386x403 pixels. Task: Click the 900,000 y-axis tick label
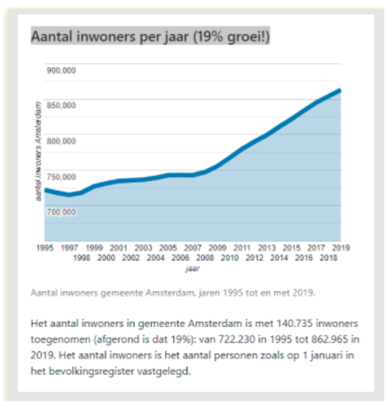click(x=61, y=71)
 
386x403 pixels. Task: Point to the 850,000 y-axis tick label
click(x=61, y=105)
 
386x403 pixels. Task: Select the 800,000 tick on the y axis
click(x=61, y=141)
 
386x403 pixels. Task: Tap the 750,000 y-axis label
click(x=61, y=177)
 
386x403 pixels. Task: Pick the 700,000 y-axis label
click(x=61, y=212)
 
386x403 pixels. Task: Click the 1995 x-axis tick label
click(x=45, y=248)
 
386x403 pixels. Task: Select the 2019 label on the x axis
click(x=341, y=248)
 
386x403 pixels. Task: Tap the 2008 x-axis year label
click(x=205, y=258)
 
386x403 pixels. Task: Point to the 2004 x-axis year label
click(x=156, y=258)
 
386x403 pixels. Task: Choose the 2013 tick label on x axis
click(x=267, y=248)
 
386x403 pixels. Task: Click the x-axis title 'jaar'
click(x=193, y=269)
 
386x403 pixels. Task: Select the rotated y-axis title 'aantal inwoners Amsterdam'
click(x=39, y=151)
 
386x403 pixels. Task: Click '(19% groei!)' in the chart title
click(x=231, y=36)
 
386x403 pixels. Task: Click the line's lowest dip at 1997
click(x=69, y=195)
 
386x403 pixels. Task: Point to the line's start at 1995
click(x=45, y=190)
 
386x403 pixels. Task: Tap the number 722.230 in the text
click(x=237, y=340)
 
